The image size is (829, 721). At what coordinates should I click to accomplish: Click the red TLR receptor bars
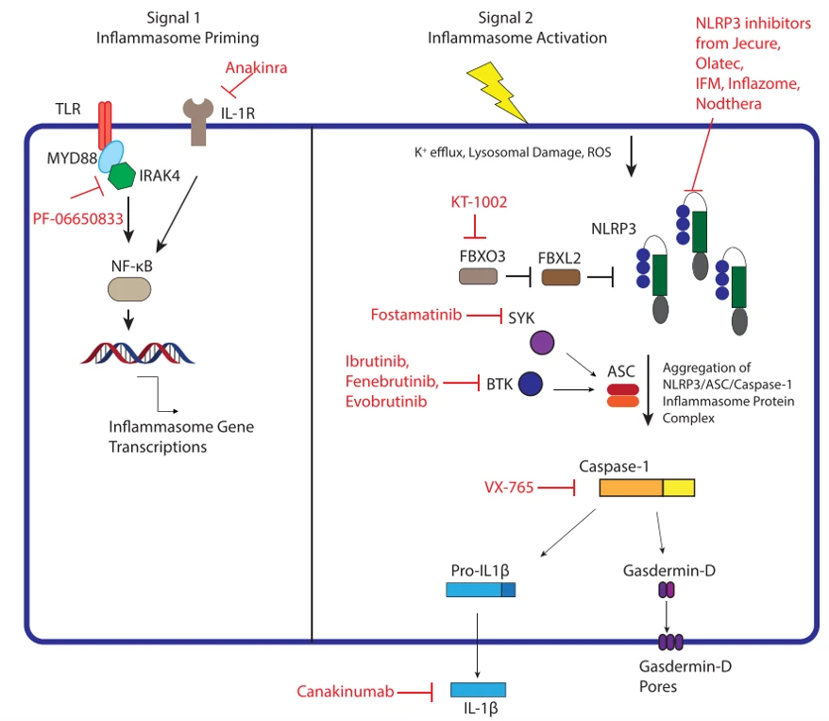point(105,126)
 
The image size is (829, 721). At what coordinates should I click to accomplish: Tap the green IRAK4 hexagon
point(122,176)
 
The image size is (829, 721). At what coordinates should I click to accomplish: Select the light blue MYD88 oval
point(111,156)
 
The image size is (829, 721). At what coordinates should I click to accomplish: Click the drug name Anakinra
point(257,68)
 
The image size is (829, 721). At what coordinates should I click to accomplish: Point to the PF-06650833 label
point(77,218)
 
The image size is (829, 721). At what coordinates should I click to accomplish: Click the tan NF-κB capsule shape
point(129,289)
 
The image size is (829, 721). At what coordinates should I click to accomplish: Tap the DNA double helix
point(138,352)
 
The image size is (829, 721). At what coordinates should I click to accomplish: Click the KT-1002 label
point(479,202)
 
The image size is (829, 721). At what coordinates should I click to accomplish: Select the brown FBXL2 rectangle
point(561,277)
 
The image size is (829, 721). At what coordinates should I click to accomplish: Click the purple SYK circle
point(542,342)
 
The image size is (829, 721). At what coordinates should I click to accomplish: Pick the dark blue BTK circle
point(531,384)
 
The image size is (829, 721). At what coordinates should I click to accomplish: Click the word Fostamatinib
point(416,315)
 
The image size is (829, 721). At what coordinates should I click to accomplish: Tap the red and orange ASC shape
point(623,396)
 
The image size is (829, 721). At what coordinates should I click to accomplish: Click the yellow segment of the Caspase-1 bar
point(679,488)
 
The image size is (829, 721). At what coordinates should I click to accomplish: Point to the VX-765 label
point(509,488)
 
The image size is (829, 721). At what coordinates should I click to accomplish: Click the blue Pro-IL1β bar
point(481,590)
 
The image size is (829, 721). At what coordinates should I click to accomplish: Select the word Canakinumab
point(346,692)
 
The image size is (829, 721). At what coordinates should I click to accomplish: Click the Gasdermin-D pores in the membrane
point(670,643)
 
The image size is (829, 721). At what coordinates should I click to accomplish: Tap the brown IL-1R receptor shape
point(198,121)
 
